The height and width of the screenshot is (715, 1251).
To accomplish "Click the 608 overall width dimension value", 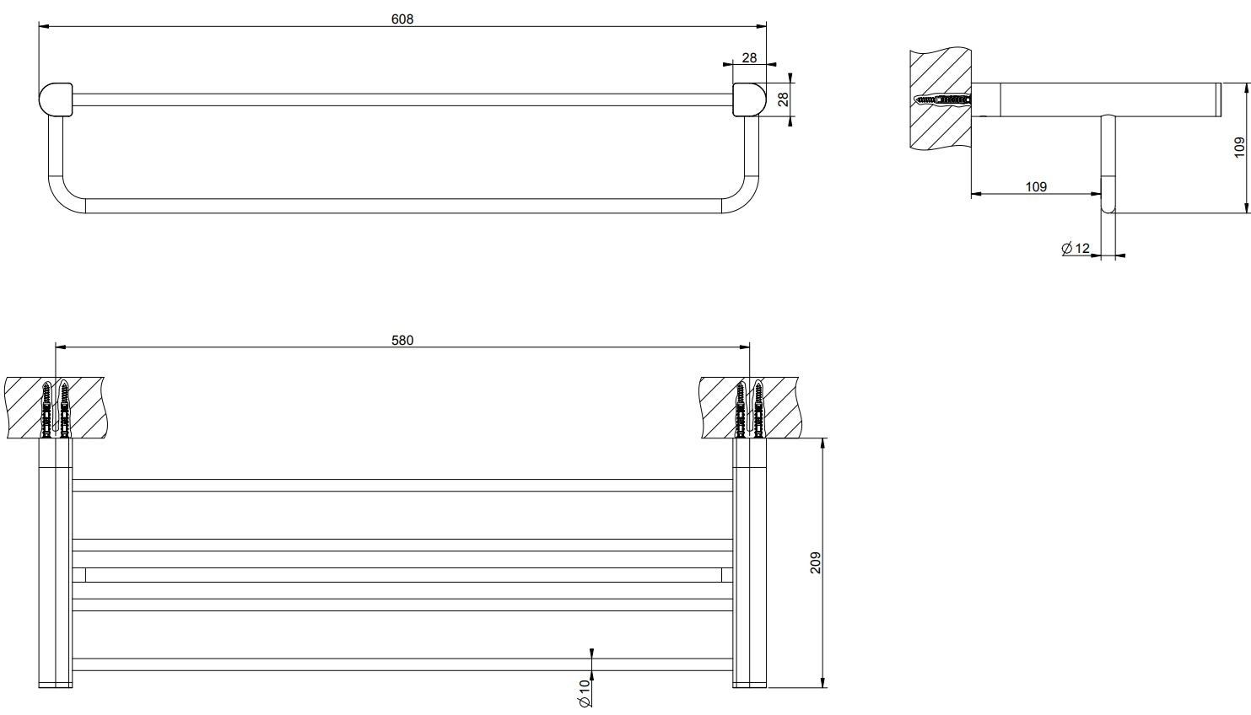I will tap(402, 19).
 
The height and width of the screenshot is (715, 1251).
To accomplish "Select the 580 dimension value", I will tap(402, 340).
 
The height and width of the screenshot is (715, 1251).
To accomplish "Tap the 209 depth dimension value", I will tap(815, 562).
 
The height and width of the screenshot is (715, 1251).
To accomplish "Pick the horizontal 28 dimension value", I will tap(749, 57).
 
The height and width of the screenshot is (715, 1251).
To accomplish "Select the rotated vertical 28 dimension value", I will tap(783, 99).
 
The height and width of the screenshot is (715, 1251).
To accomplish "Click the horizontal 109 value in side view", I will tap(1036, 186).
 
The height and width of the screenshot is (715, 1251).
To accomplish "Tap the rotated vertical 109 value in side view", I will tap(1238, 148).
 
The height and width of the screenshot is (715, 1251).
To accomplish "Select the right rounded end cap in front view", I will tap(749, 99).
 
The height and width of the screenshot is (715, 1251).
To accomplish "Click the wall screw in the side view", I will tap(943, 100).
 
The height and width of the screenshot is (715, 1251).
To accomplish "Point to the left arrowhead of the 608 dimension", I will tap(42, 26).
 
